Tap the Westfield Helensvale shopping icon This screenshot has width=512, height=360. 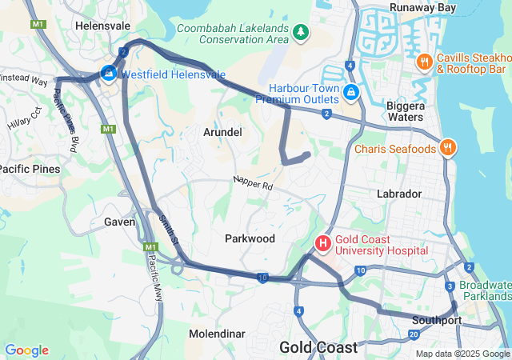(108, 74)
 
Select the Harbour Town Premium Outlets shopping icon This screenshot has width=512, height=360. (350, 94)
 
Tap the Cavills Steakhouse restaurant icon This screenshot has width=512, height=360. (425, 62)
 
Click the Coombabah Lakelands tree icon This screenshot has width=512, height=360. (300, 32)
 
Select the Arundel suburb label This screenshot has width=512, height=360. (222, 131)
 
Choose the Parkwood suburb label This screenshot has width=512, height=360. (250, 238)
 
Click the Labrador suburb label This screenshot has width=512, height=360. (398, 194)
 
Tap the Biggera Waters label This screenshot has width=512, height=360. (405, 111)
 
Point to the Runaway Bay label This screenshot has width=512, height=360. (422, 7)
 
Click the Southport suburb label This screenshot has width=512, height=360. (437, 320)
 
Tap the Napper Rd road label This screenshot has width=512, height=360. (254, 184)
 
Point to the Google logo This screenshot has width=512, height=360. (26, 350)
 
